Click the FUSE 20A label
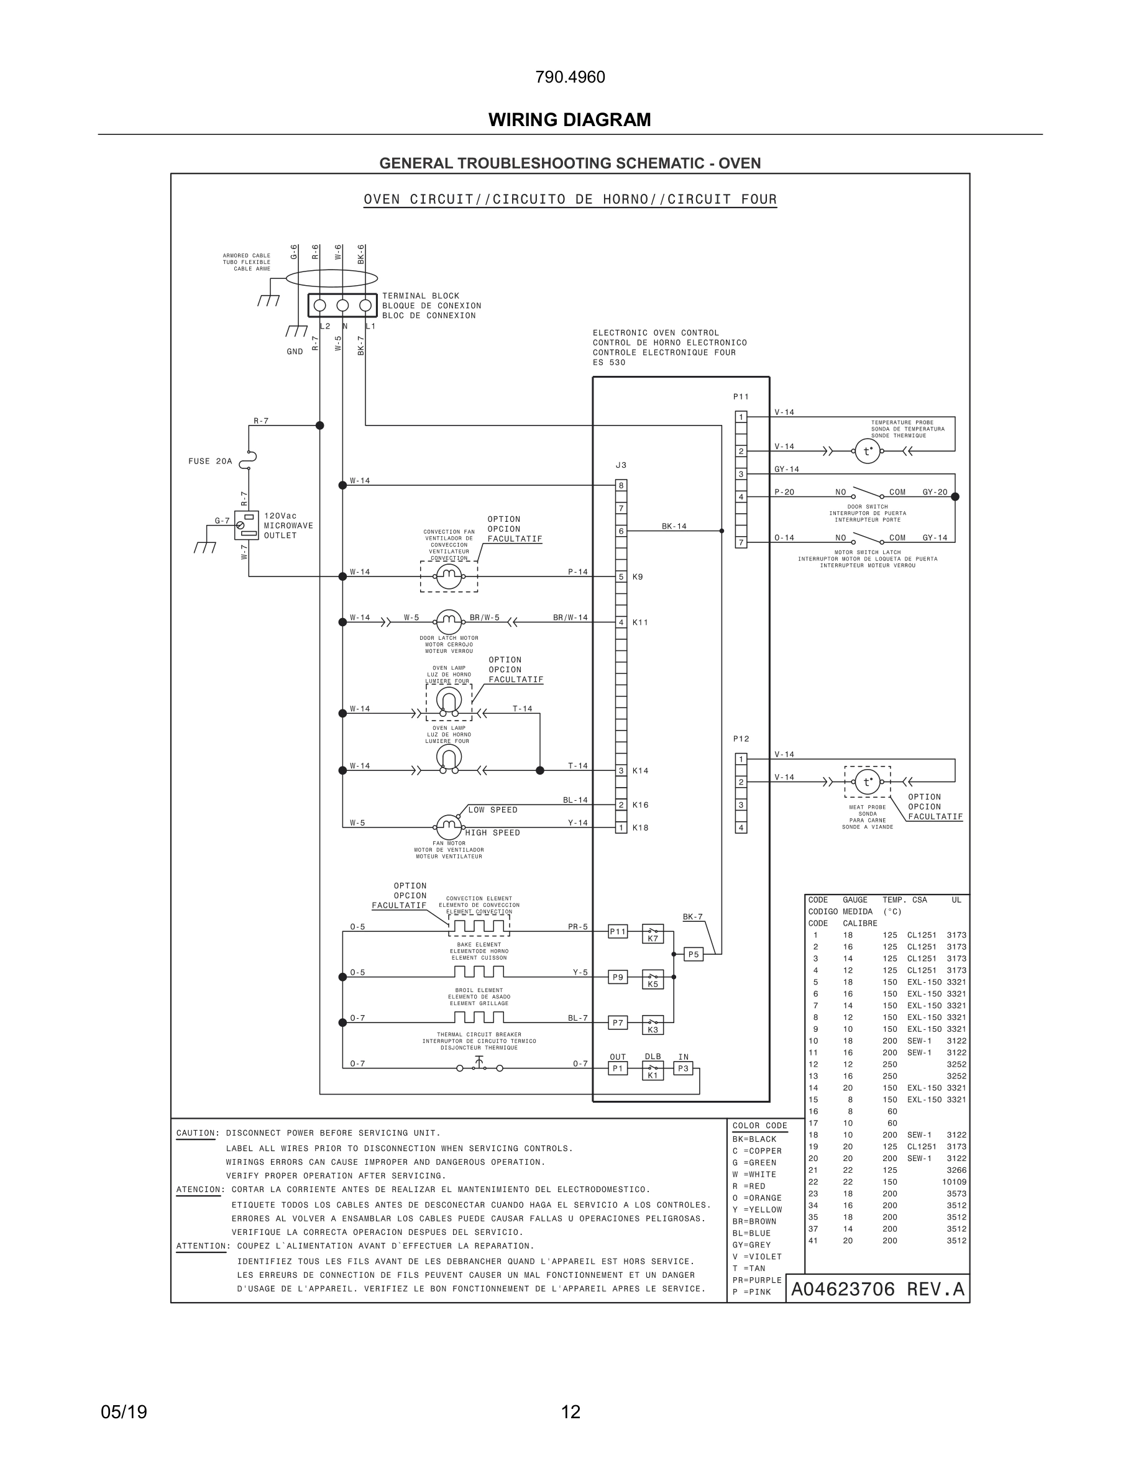[x=209, y=462]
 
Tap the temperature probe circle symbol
[x=867, y=451]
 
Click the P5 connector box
[x=694, y=954]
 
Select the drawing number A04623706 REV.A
[x=878, y=1290]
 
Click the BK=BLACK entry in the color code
[x=754, y=1139]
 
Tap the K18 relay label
[x=640, y=828]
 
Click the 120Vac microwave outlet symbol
[x=247, y=525]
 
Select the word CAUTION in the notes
[x=195, y=1132]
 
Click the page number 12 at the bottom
[x=570, y=1412]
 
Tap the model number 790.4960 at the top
[x=570, y=77]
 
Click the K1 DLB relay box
[x=653, y=1071]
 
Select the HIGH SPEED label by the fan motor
[x=493, y=832]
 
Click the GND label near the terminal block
[x=295, y=352]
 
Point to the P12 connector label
[x=741, y=739]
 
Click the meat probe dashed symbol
[x=867, y=782]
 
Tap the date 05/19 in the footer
[x=124, y=1412]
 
